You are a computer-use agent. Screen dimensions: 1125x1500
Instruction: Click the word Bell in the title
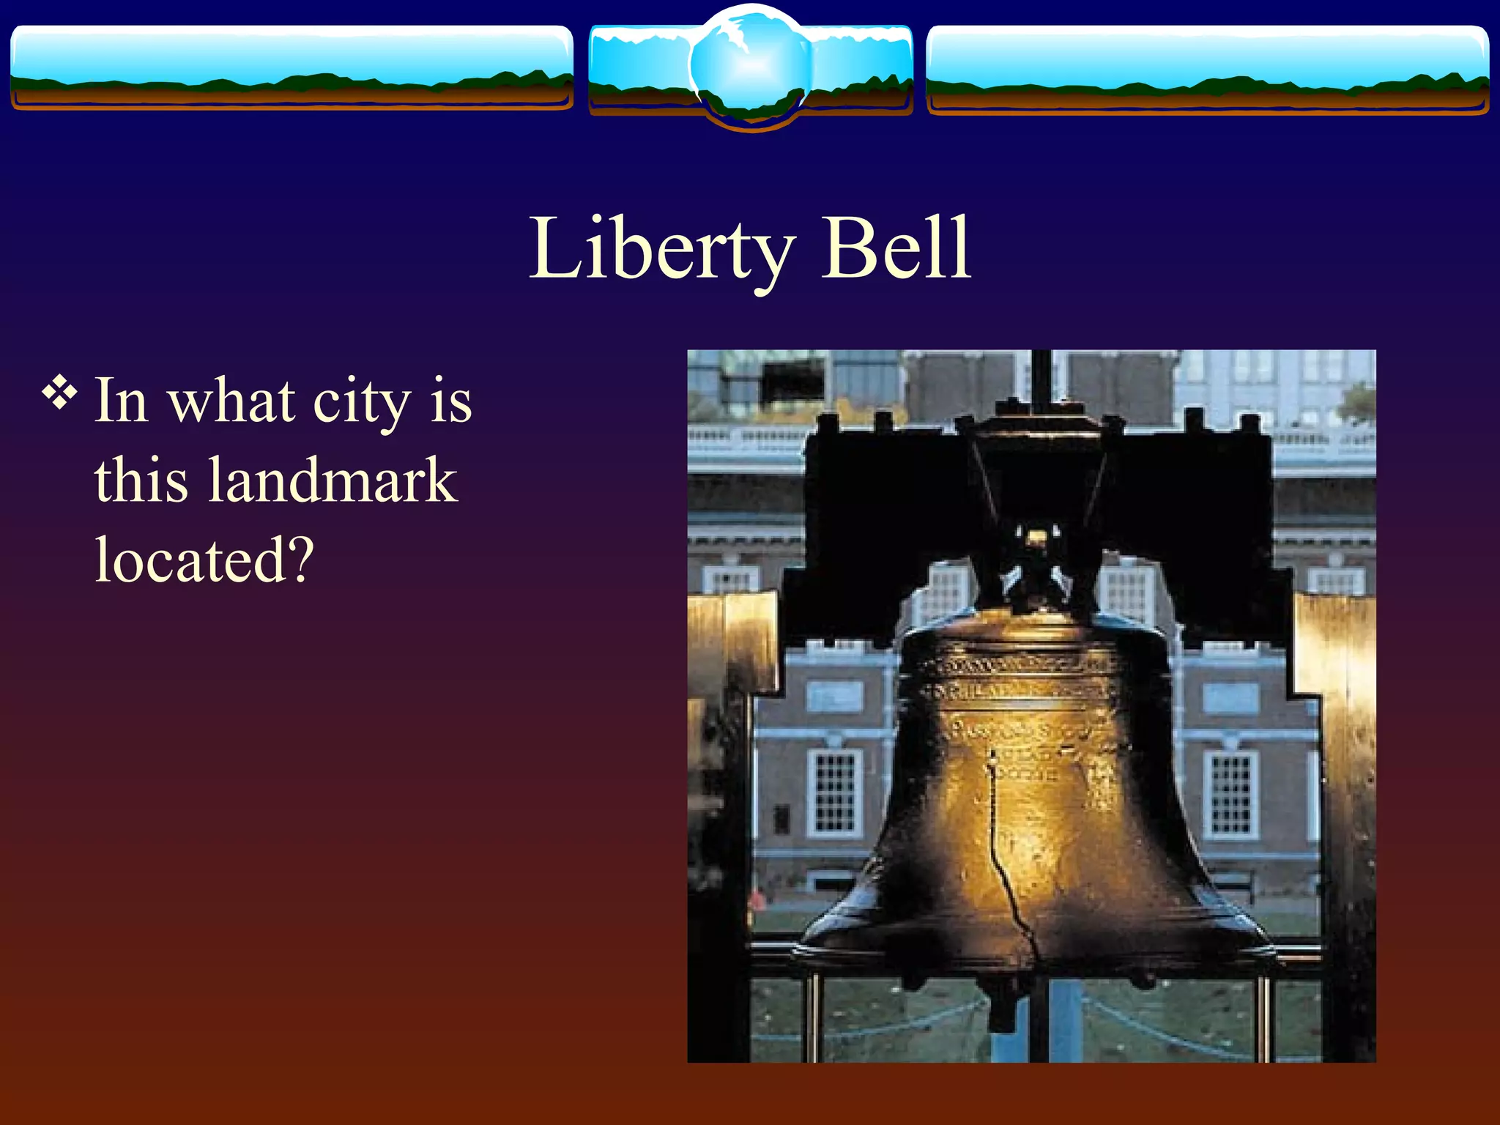(896, 249)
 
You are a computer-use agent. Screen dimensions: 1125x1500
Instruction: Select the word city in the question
(362, 403)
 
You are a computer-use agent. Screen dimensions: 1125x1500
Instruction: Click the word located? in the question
(204, 560)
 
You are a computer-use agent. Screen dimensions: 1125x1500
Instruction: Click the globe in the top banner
(750, 66)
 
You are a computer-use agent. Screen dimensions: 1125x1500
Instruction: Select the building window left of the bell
(833, 792)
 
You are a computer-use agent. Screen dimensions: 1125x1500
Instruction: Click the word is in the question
(450, 403)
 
